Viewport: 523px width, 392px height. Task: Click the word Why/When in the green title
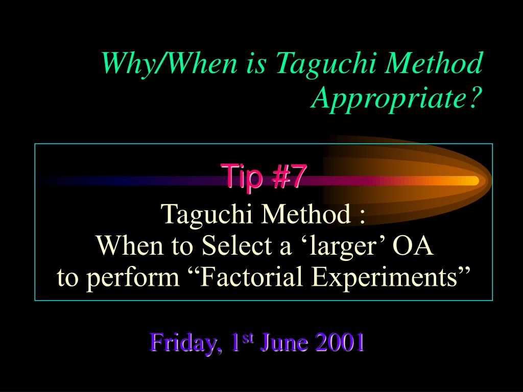[x=169, y=63]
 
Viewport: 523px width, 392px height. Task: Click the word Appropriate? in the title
[x=396, y=99]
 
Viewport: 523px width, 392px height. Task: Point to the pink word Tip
[x=244, y=176]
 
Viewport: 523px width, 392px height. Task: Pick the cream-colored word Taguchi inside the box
[x=207, y=215]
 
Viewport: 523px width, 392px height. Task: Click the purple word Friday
[x=185, y=342]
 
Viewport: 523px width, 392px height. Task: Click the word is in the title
[x=256, y=64]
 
